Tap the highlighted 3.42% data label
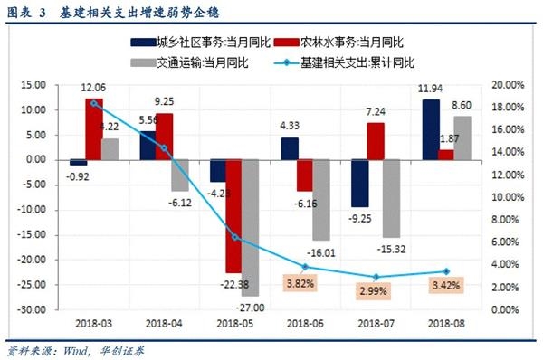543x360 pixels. (x=444, y=286)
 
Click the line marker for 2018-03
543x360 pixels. (x=95, y=103)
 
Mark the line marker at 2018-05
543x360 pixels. (x=235, y=238)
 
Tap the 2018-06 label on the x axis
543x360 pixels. (x=303, y=322)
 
